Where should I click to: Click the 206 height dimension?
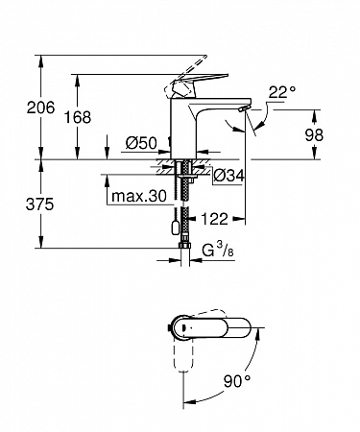coord(40,108)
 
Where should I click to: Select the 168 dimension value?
coord(78,117)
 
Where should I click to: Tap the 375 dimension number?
coord(39,204)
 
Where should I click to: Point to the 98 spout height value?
coord(314,135)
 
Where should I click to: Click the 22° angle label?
coord(282,92)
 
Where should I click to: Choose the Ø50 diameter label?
coord(141,143)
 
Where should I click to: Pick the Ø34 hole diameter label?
coord(229,176)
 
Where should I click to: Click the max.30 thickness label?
coord(139,196)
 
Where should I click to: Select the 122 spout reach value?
coord(214,219)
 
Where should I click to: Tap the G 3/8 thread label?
coord(218,250)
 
